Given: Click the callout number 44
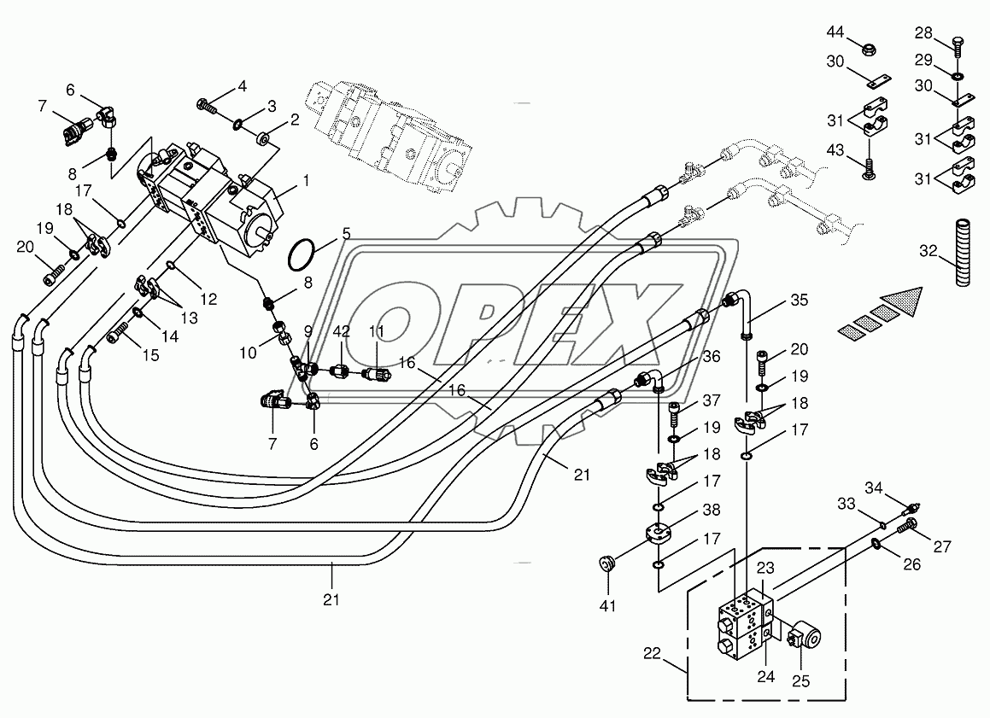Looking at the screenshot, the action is tap(835, 32).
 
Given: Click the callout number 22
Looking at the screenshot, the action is tap(653, 653).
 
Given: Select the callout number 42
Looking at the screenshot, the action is tap(342, 332).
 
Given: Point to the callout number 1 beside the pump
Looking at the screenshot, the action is tap(306, 180).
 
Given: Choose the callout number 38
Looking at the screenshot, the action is tap(712, 510).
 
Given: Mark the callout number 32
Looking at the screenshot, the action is tap(928, 251).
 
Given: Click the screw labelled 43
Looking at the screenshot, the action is tap(868, 168).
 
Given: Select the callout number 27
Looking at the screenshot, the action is tap(942, 546).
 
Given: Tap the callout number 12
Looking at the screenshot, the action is tap(208, 299).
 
